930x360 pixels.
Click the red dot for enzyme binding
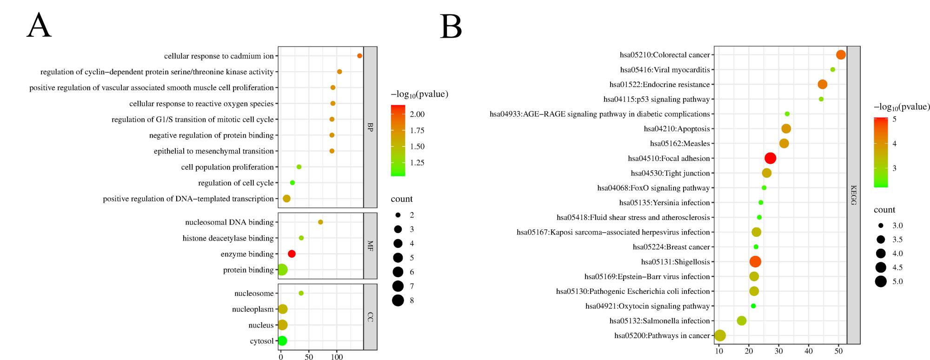coord(292,254)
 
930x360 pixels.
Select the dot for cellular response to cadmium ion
coord(359,56)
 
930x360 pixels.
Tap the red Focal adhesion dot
coord(770,158)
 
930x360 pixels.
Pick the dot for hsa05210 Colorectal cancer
coord(841,55)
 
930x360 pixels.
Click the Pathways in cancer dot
coord(720,335)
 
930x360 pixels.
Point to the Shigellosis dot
coord(755,262)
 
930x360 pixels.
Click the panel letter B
coord(451,27)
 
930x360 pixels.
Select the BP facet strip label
coord(370,127)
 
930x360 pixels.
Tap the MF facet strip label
coord(370,246)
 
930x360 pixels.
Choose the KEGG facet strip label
coord(853,195)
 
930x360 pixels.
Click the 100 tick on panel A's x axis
coord(337,357)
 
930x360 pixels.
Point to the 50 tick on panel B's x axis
coord(838,351)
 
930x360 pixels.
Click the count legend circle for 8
coord(398,300)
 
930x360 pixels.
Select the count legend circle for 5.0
coord(881,281)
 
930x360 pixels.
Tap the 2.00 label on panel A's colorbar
coord(417,114)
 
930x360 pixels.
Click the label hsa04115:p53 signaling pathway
coord(656,99)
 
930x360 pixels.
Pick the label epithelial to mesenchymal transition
coord(213,151)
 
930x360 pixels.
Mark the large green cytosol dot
coord(282,341)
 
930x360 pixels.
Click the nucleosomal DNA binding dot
coord(320,222)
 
